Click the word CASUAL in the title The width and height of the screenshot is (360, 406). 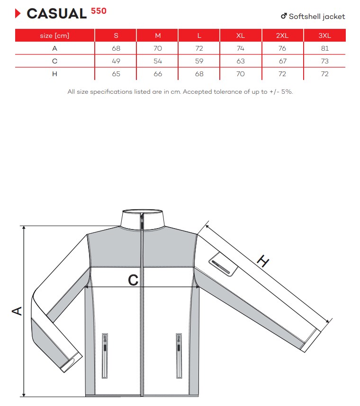click(x=57, y=14)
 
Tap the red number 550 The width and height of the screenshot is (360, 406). click(x=99, y=10)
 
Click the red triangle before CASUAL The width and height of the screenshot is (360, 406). click(x=18, y=14)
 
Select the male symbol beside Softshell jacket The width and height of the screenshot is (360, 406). click(x=284, y=16)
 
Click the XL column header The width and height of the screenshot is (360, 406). click(x=241, y=35)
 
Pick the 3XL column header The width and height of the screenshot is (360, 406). click(x=324, y=35)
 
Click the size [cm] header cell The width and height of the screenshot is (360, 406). click(x=55, y=35)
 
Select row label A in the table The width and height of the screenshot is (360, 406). click(x=55, y=48)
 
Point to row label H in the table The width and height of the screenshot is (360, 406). click(x=55, y=74)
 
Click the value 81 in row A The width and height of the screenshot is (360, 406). click(x=324, y=48)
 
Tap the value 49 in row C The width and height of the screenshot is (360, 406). click(x=116, y=61)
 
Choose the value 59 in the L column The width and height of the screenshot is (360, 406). click(x=199, y=61)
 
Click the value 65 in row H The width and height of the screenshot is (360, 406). click(x=116, y=74)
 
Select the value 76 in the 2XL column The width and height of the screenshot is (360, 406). click(x=282, y=48)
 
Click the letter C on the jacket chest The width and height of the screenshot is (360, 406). click(x=133, y=280)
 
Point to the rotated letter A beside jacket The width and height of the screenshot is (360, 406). click(x=17, y=311)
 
